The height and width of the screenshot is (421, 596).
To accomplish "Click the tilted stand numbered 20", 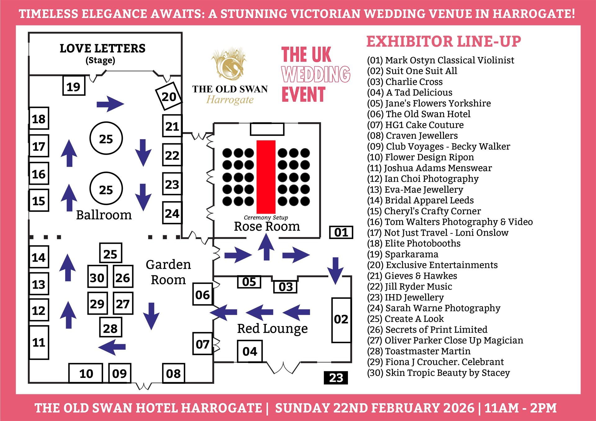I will click(169, 96).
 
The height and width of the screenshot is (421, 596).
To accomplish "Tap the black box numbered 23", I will click(336, 378).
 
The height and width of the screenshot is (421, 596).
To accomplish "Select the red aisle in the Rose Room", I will click(266, 177).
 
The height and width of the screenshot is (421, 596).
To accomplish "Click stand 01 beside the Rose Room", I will click(341, 232).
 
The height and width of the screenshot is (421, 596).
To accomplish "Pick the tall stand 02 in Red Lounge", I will click(341, 320).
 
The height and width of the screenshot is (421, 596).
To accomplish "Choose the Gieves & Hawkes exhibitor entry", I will click(412, 276).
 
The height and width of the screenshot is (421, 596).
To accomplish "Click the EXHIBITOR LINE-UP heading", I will click(444, 42).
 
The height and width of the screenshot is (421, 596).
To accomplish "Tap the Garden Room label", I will click(168, 272).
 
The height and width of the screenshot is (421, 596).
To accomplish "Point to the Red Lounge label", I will click(272, 329).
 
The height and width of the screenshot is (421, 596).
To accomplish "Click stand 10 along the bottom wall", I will click(86, 373).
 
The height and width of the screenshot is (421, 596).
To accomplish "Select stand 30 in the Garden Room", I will click(97, 277).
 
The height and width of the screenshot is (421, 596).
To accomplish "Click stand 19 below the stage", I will click(74, 86).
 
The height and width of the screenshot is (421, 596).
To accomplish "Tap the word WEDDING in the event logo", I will click(316, 74).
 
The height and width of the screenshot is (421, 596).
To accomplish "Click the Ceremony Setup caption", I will click(266, 217).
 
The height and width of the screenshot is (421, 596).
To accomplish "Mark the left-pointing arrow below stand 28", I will click(112, 347).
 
